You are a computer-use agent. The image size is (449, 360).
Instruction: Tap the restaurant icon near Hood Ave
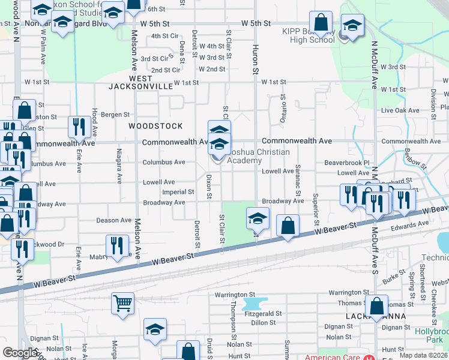pos(79,127)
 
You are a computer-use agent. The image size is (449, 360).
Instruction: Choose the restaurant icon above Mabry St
pos(116,245)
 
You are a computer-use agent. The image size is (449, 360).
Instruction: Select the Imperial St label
pos(178,192)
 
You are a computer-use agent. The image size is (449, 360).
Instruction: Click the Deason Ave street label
pos(115,220)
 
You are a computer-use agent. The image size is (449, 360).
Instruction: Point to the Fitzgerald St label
pos(263,313)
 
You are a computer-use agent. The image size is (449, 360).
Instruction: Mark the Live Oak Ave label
pos(400,110)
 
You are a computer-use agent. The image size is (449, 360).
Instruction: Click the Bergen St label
pos(115,114)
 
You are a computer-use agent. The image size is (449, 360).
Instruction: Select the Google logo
pos(20,353)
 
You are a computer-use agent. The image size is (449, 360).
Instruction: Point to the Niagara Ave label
pos(119,172)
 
